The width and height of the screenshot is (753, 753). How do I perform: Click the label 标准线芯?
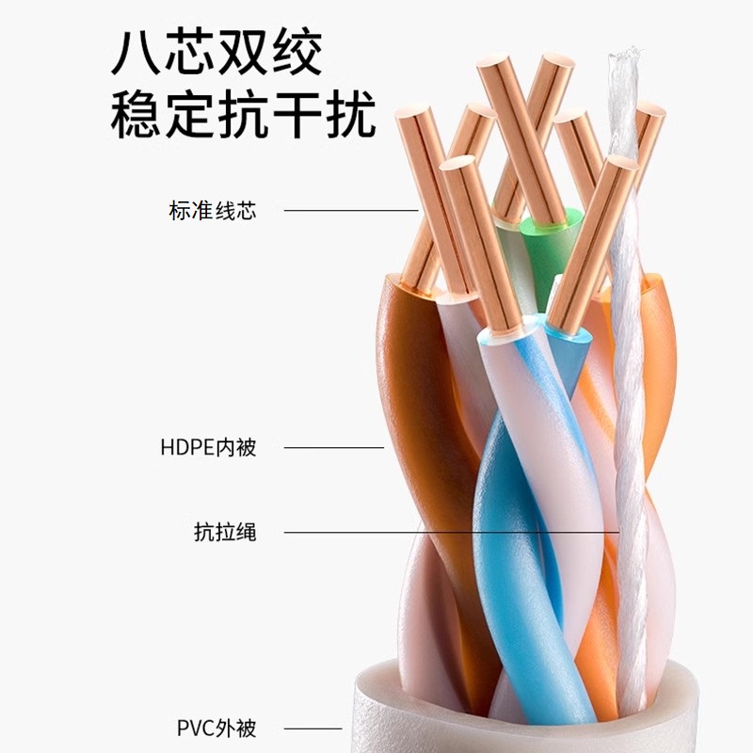[x=212, y=210]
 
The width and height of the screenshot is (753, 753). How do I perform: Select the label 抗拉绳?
[x=224, y=533]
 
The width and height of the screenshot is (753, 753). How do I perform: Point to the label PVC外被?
[x=216, y=728]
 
